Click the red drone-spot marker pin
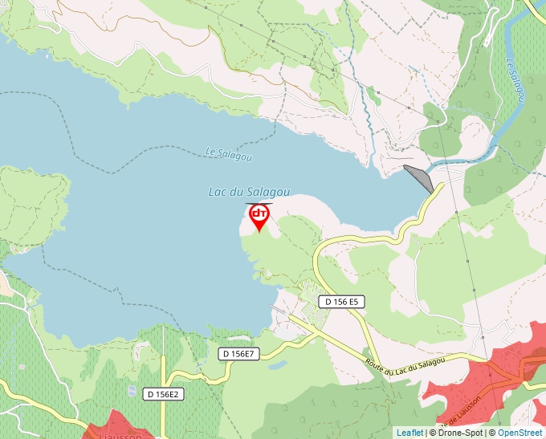pos(259,215)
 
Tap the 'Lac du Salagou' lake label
pos(249,192)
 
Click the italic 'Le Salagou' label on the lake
pos(228,153)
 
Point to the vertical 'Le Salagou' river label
pos(515,81)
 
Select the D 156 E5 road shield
pos(342,302)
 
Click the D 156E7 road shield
pos(238,354)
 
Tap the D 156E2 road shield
pos(165,394)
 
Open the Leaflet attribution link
pos(409,433)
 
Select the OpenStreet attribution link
pos(520,433)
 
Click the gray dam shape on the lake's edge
pos(420,177)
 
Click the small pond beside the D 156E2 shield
pos(132,391)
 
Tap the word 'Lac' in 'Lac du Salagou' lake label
pos(218,192)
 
